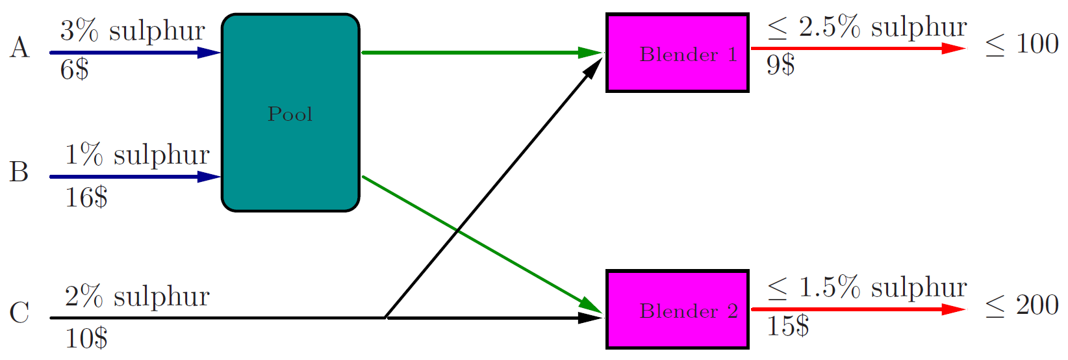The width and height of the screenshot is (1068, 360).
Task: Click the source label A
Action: (19, 47)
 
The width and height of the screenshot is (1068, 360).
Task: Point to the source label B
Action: (19, 172)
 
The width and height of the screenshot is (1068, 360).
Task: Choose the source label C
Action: (19, 313)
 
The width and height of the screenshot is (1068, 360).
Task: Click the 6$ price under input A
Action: (74, 69)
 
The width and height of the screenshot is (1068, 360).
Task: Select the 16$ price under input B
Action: (86, 196)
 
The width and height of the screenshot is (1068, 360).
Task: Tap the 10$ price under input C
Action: (86, 338)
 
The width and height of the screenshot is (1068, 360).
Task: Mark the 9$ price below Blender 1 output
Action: (780, 64)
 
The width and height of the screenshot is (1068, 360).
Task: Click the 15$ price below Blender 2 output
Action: (787, 326)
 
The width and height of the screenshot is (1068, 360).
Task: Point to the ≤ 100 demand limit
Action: (1022, 44)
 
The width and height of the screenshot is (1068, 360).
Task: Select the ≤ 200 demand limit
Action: (1022, 305)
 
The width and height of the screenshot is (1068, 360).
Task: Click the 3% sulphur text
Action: (133, 31)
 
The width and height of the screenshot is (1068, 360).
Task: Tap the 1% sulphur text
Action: (137, 155)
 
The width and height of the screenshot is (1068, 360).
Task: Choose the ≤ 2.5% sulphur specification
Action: (867, 27)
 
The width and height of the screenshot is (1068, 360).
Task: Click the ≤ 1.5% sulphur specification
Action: (867, 287)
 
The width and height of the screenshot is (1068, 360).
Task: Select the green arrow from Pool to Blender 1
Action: (481, 52)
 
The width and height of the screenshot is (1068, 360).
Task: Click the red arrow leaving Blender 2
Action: (858, 309)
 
